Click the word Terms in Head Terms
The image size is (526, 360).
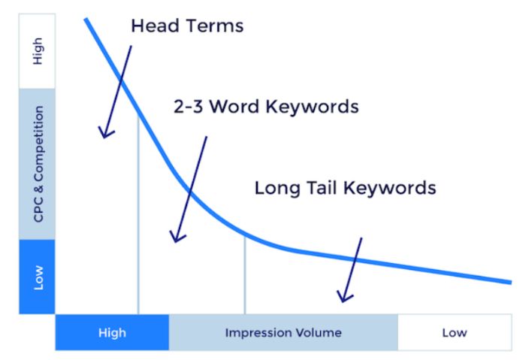coord(215,26)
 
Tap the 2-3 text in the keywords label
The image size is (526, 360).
coord(188,107)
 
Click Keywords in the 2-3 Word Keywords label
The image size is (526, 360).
coord(312,107)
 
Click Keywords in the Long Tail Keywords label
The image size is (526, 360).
coord(390,188)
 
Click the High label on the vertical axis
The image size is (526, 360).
coord(38,51)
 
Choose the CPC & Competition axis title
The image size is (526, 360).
coord(38,164)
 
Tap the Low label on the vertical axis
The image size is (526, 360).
coord(38,277)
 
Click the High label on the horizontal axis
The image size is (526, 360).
coord(112,333)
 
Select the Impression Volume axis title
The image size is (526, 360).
coord(283,332)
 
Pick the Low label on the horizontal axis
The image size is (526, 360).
coord(455,332)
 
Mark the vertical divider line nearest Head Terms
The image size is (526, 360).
coord(138,215)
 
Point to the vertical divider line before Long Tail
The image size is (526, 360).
coord(245,275)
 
